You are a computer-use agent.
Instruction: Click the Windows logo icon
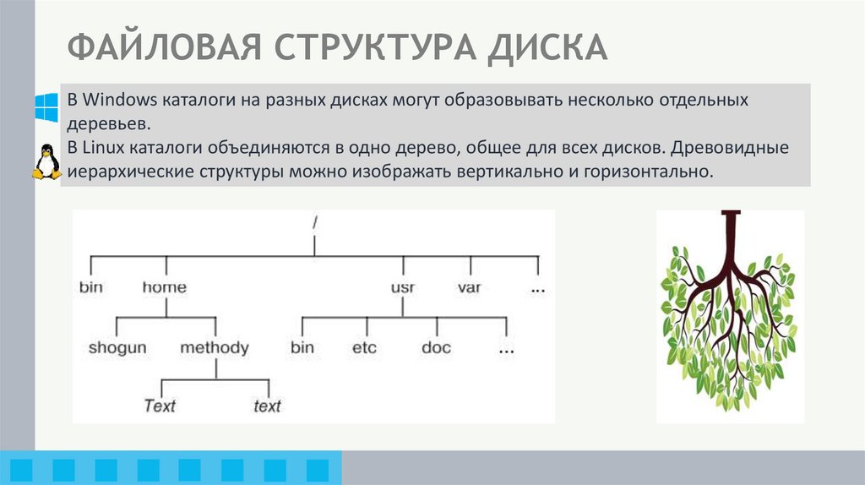(x=46, y=107)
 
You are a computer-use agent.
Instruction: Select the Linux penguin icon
(x=46, y=161)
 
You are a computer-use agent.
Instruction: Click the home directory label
(x=164, y=287)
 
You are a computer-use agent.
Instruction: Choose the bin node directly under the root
(x=90, y=287)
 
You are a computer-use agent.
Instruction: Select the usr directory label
(x=402, y=287)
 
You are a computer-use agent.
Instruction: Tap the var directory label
(x=469, y=287)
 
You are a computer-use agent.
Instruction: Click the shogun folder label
(x=117, y=347)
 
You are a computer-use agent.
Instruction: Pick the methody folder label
(x=215, y=347)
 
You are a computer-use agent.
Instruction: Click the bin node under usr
(x=302, y=347)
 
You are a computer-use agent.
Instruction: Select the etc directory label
(x=365, y=347)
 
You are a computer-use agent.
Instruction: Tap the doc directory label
(x=436, y=347)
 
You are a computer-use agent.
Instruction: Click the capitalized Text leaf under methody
(x=160, y=406)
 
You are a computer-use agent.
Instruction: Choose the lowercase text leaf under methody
(x=267, y=406)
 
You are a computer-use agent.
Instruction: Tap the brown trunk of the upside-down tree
(x=731, y=241)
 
